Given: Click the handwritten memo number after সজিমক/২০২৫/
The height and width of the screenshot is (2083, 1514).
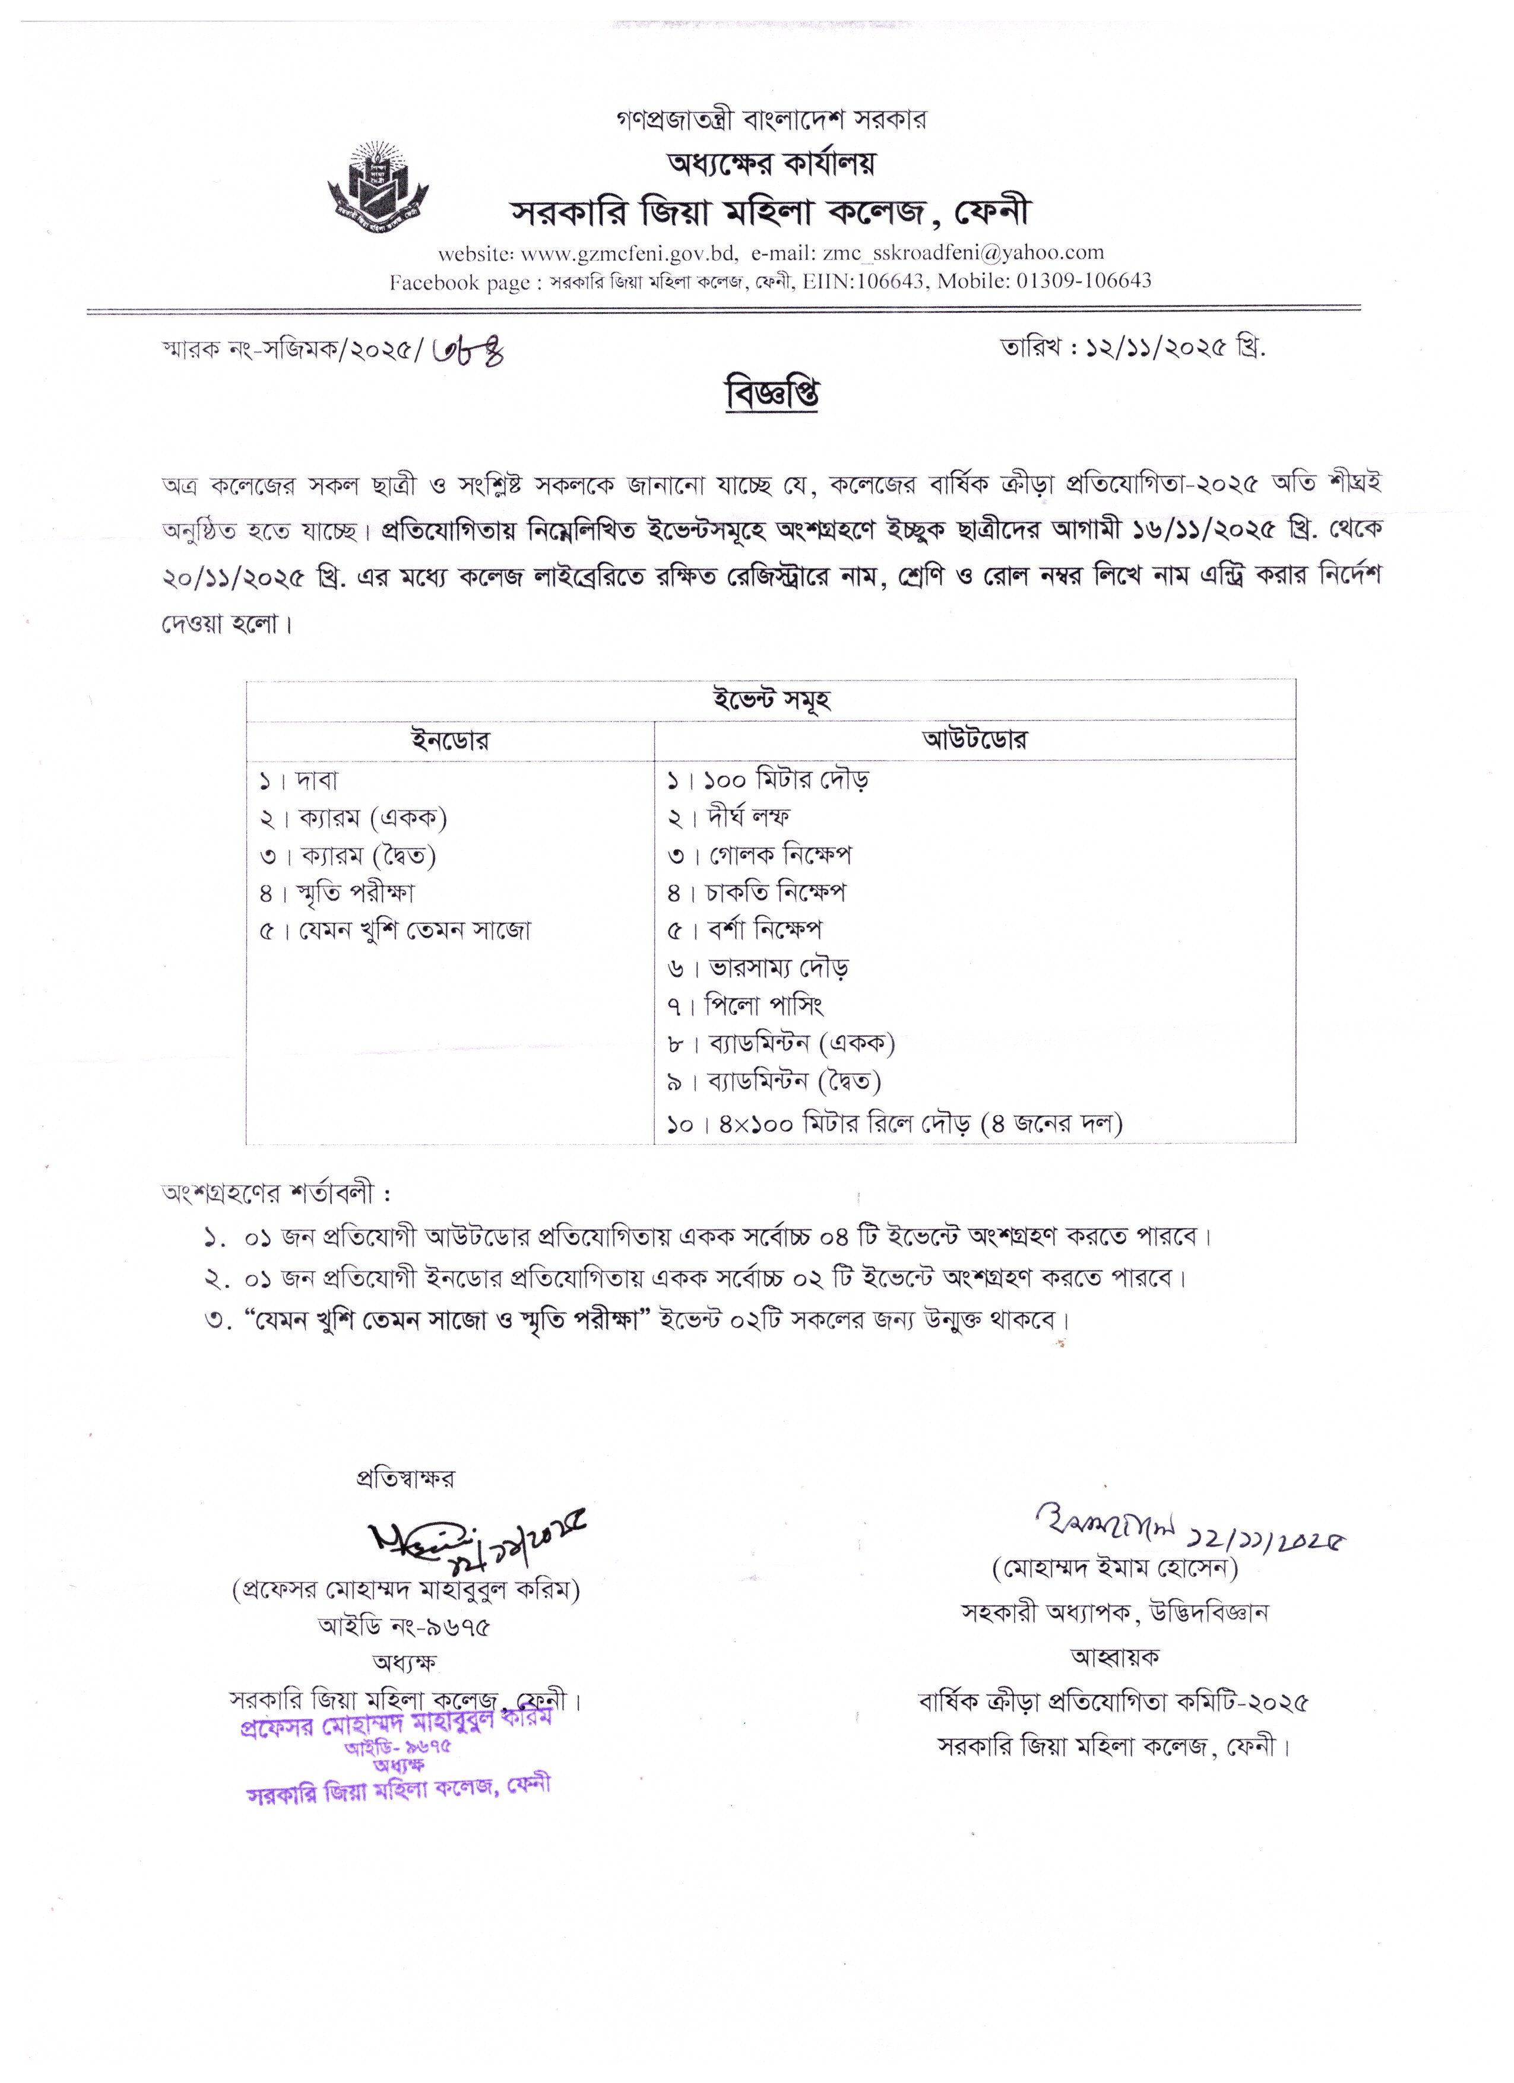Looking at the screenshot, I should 467,350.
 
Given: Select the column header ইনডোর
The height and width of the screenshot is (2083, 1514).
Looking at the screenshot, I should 450,740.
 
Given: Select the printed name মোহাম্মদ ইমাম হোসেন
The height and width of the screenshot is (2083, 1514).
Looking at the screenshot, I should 1114,1568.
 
